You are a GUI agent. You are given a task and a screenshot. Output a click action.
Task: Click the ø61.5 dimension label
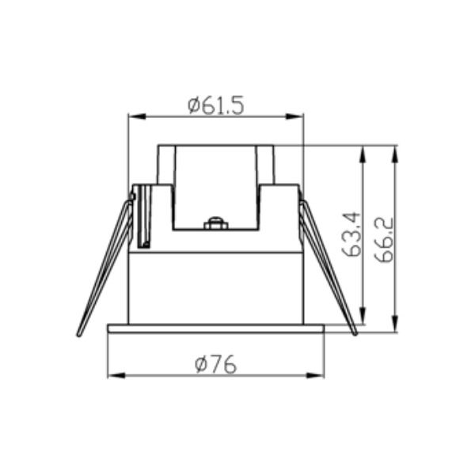pos(215,105)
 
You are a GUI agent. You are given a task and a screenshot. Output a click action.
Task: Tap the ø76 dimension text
pos(215,364)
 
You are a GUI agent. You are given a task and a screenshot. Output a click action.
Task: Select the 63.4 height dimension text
pos(351,235)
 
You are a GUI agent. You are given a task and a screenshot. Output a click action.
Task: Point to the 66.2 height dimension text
pos(384,240)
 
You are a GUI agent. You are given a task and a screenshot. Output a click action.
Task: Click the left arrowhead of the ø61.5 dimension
pos(137,116)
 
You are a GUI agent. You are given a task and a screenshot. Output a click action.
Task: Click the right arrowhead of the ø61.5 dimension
pos(294,116)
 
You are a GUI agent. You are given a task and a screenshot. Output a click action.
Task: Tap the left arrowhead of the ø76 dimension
pos(116,375)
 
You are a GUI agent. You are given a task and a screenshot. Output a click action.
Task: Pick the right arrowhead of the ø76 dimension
pos(315,375)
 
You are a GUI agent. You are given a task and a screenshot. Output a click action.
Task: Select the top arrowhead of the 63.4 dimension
pos(363,154)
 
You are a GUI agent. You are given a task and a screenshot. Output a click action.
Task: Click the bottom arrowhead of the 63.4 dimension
pos(363,315)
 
